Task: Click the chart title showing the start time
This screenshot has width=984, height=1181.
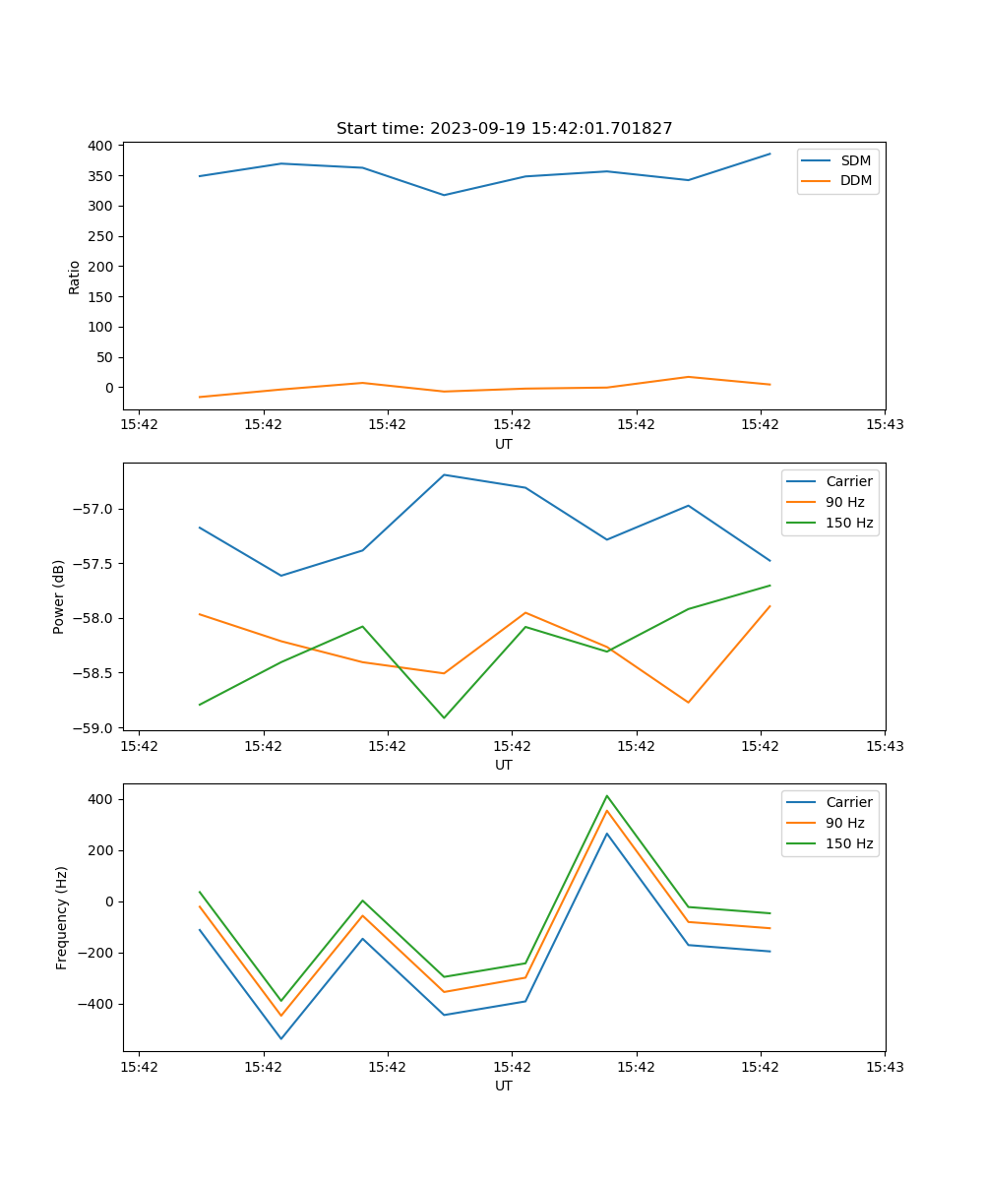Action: (x=504, y=129)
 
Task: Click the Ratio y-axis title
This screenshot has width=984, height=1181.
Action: (x=75, y=277)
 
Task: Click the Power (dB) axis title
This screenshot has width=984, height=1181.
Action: (x=59, y=596)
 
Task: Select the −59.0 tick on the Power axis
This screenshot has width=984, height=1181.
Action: (x=93, y=728)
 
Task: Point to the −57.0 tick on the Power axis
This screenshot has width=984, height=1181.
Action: (x=93, y=509)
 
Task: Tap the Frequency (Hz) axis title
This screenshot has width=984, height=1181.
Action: (x=62, y=917)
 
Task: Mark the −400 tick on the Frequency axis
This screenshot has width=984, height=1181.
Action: (x=96, y=1004)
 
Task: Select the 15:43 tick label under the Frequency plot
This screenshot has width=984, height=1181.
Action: (x=885, y=1067)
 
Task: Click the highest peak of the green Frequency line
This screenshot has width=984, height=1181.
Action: (x=607, y=795)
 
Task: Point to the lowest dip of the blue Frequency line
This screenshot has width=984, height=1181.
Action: (x=281, y=1038)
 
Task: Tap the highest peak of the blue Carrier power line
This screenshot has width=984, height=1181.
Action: (x=444, y=474)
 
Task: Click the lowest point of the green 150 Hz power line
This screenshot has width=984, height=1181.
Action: (x=444, y=717)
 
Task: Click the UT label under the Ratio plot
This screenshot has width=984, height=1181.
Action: (x=504, y=445)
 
